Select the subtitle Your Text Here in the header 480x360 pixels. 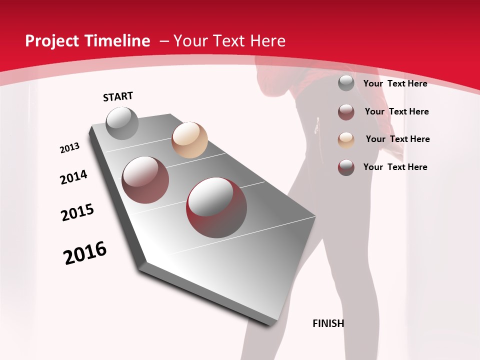point(229,41)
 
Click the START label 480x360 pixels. point(118,96)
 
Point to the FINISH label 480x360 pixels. point(328,323)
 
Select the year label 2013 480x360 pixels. point(69,148)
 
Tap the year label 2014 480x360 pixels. point(73,177)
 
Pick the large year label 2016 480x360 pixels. point(85,253)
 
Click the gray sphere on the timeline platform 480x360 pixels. point(122,123)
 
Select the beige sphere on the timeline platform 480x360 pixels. point(189,140)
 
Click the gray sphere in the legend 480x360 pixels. point(346,83)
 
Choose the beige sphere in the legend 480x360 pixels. point(346,139)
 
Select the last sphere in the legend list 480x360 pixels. point(346,167)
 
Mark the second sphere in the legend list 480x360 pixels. point(346,111)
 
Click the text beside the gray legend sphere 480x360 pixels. point(395,83)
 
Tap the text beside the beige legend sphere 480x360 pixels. point(397,139)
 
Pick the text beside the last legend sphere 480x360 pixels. point(395,167)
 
